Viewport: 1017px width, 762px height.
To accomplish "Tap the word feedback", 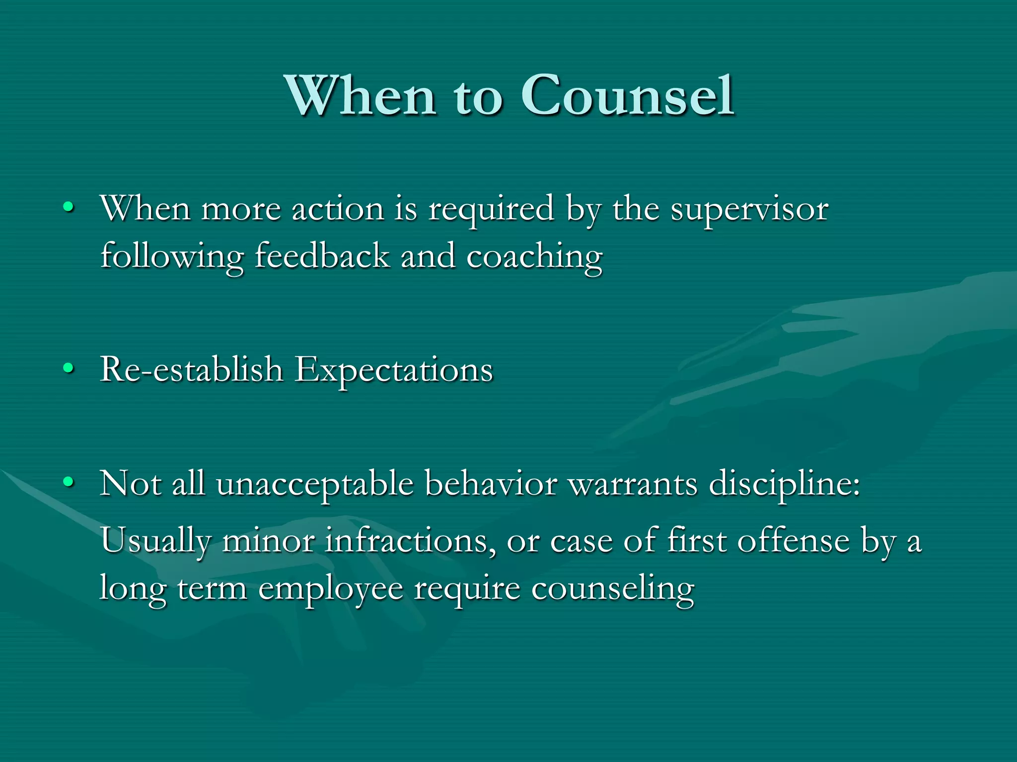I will pyautogui.click(x=322, y=256).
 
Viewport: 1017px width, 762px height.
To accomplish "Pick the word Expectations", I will pyautogui.click(x=393, y=371).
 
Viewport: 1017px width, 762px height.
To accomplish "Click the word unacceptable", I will pyautogui.click(x=315, y=484).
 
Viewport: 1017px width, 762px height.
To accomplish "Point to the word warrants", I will pyautogui.click(x=633, y=484).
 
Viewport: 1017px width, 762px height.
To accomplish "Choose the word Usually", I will pyautogui.click(x=156, y=541).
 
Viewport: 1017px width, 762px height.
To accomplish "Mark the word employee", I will pyautogui.click(x=331, y=589).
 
